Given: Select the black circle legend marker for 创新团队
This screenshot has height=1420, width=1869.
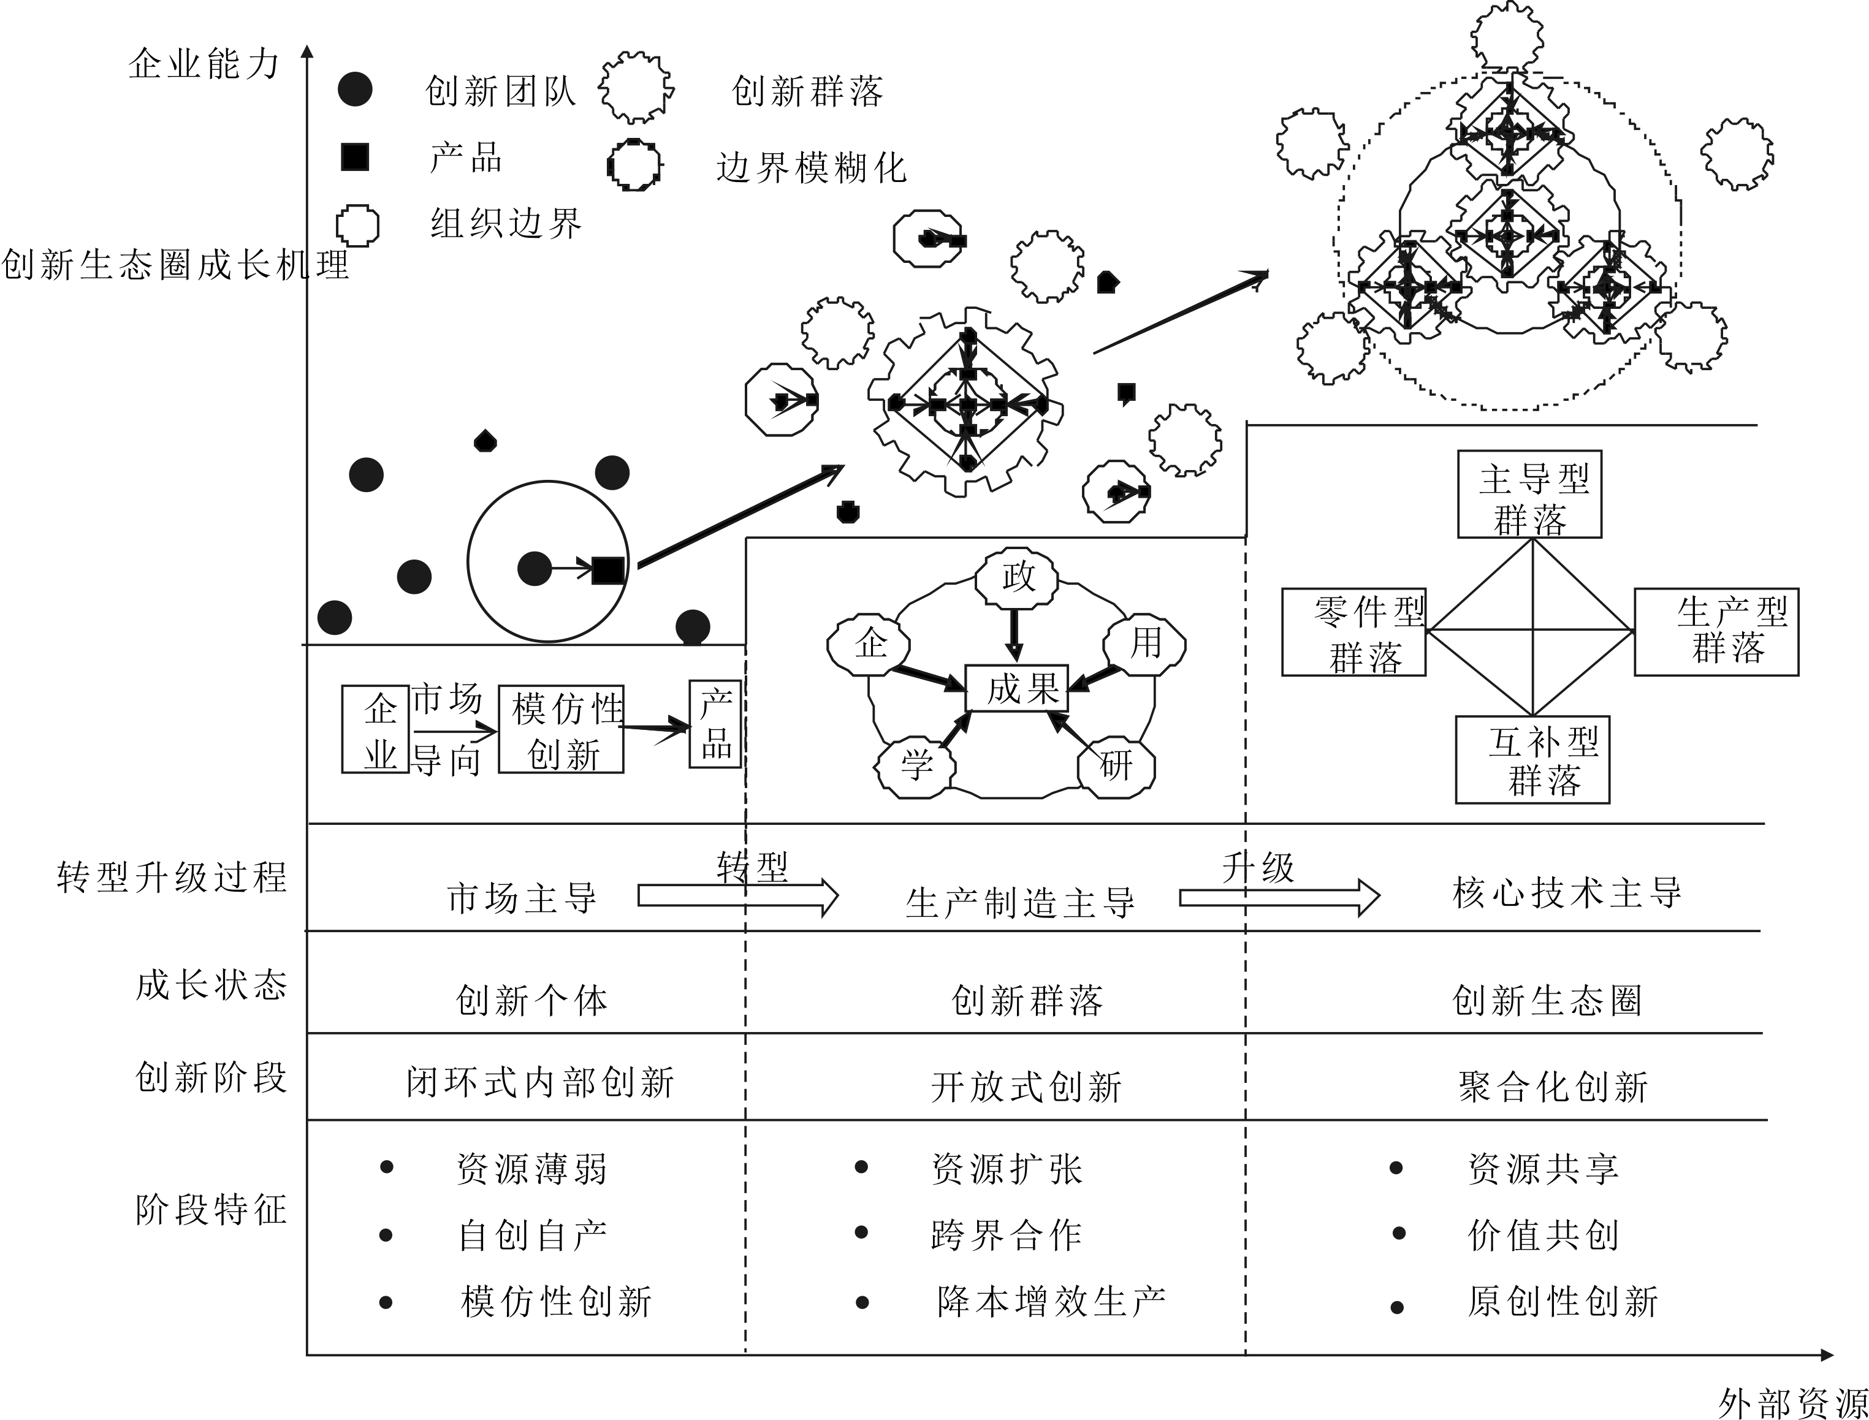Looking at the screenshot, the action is [355, 89].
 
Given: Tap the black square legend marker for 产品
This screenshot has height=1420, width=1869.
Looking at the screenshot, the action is [355, 158].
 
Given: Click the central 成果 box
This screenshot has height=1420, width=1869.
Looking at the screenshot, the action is [1017, 688].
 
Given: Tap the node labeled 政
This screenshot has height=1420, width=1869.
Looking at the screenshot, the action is [1017, 578].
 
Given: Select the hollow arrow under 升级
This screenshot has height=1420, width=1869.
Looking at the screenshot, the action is [1279, 897].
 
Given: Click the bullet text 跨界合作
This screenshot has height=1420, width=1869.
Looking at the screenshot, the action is [1006, 1235].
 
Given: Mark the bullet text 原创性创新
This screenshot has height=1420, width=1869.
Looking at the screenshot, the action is [1562, 1301].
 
